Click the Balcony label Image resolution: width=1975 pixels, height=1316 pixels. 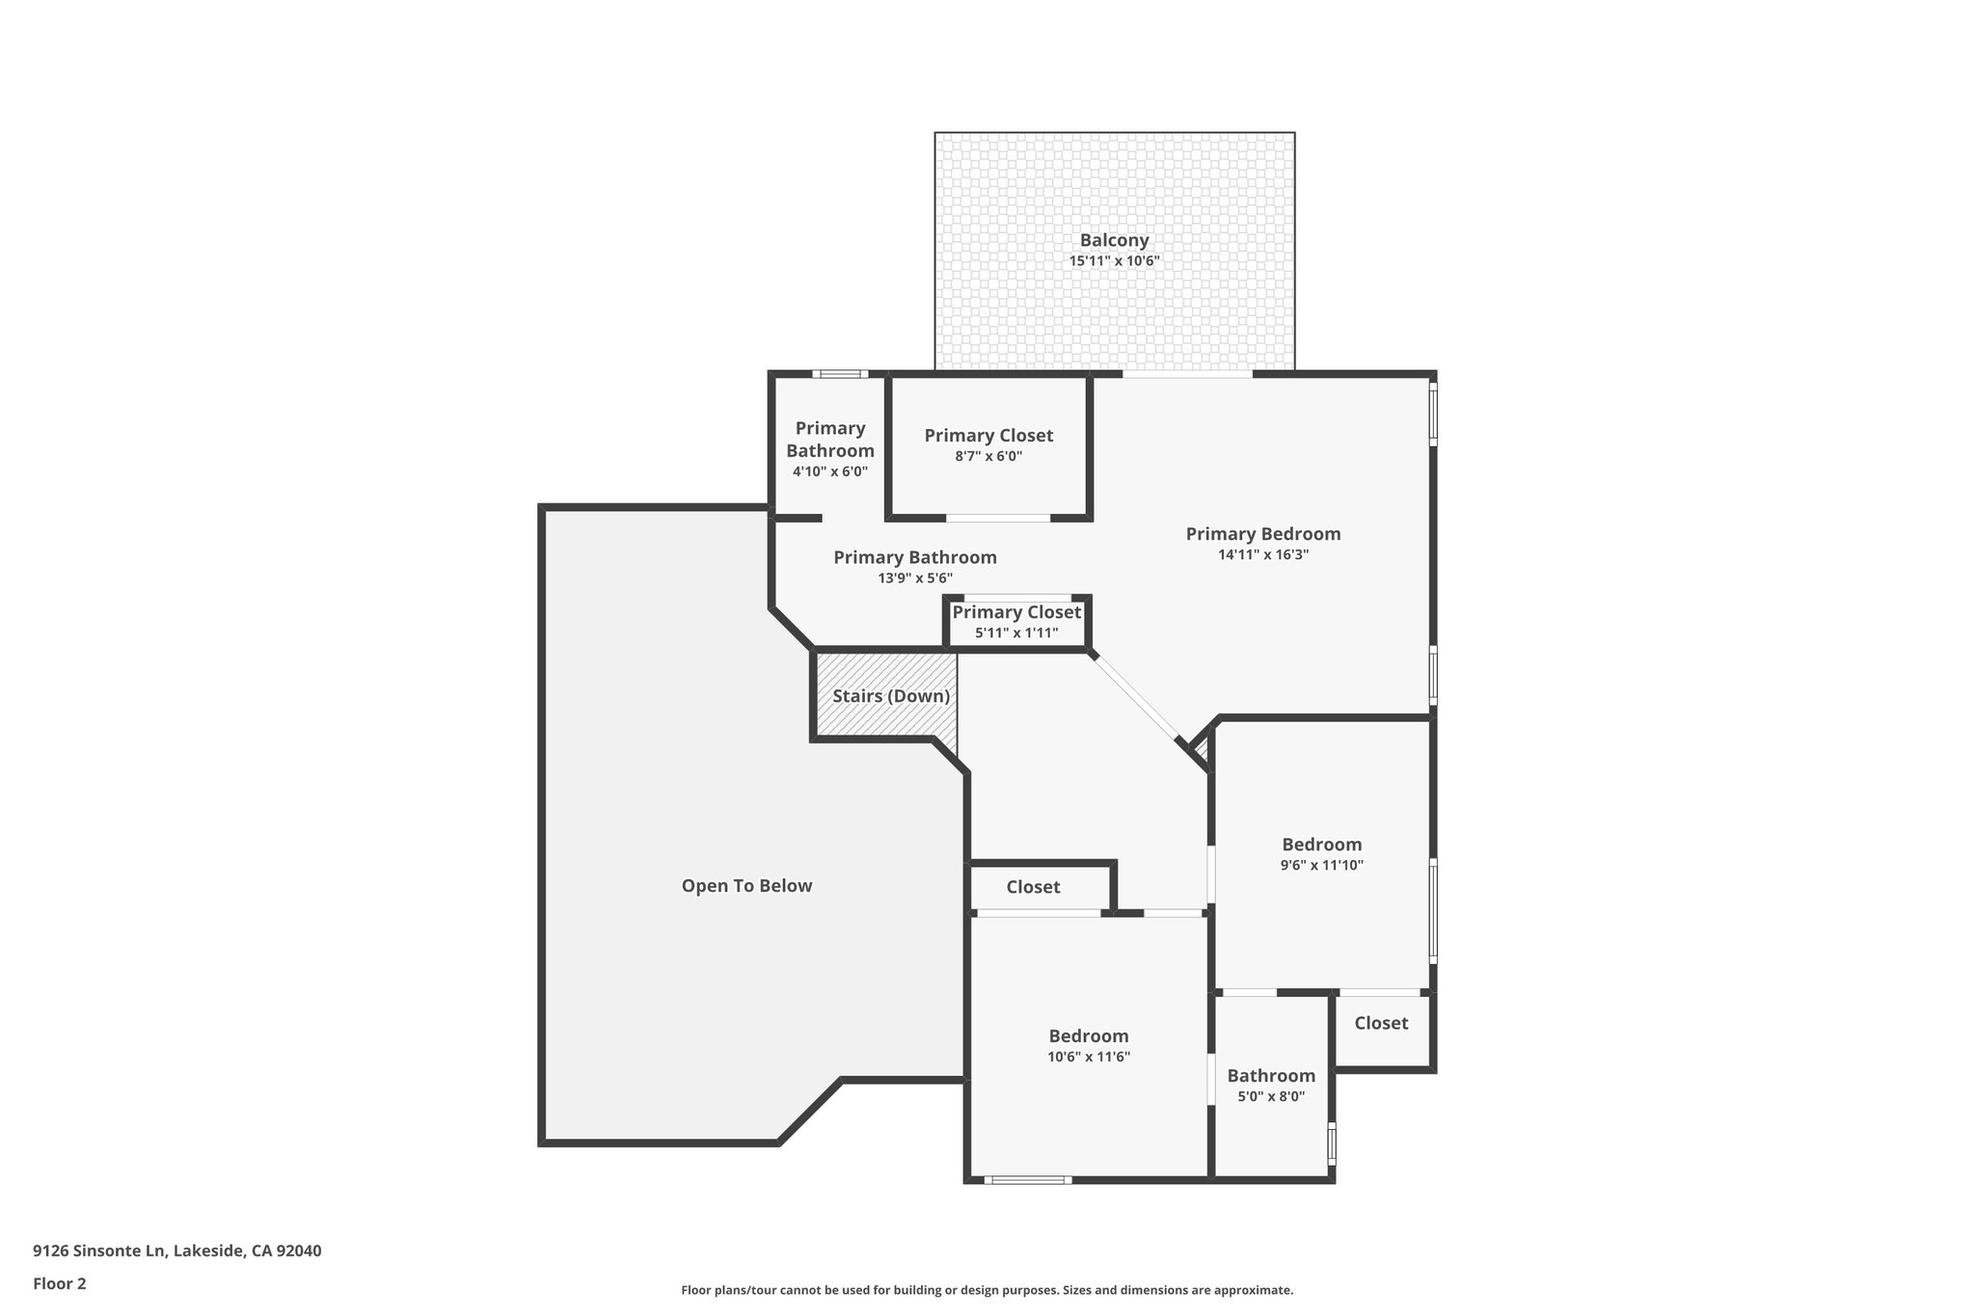[1114, 241]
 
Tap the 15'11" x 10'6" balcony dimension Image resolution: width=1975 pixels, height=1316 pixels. [1114, 261]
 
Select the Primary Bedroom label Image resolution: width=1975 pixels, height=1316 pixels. [1262, 534]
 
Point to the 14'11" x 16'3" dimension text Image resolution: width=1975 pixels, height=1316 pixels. [1262, 555]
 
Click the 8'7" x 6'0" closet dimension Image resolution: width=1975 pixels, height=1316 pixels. [988, 457]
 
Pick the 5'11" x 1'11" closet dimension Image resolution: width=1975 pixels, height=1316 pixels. [1016, 633]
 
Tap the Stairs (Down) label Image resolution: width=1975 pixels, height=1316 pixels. [891, 696]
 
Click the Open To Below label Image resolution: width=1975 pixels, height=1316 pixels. [746, 886]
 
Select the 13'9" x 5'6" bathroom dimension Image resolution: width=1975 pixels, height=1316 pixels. [915, 578]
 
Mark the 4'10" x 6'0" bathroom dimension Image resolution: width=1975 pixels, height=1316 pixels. [829, 472]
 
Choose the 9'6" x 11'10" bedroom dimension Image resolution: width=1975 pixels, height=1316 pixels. [1321, 866]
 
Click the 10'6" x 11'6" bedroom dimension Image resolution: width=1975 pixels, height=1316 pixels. [1089, 1057]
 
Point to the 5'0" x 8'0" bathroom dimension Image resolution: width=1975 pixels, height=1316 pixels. [1271, 1096]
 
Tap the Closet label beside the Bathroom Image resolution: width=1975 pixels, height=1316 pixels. [1381, 1024]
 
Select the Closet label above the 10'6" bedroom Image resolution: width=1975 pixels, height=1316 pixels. [1033, 887]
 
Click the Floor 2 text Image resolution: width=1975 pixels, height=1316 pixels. [60, 1283]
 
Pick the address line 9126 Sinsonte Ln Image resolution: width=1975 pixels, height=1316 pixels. [176, 1250]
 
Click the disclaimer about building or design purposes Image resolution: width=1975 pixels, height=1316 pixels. [987, 1290]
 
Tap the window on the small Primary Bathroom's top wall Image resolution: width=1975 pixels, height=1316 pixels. [839, 374]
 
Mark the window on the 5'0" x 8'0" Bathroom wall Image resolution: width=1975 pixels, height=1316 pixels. [1332, 1144]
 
